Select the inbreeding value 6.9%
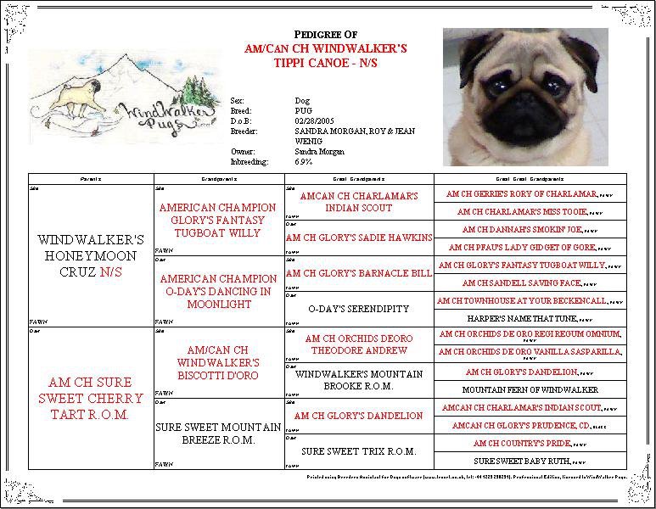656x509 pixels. (303, 161)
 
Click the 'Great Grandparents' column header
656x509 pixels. (359, 180)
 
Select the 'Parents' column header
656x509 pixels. (91, 180)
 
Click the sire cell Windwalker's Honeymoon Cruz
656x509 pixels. (91, 256)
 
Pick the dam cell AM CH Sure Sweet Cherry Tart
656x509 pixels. (91, 398)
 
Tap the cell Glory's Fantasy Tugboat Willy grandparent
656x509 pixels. (218, 220)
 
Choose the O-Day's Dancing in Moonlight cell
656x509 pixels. (218, 291)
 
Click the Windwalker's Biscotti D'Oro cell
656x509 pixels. (218, 362)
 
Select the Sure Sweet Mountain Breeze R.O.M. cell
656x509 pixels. (218, 433)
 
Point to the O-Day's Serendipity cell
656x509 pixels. (360, 310)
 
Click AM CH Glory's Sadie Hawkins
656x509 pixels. (359, 238)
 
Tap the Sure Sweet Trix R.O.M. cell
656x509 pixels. (359, 451)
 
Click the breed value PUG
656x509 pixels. (303, 111)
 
